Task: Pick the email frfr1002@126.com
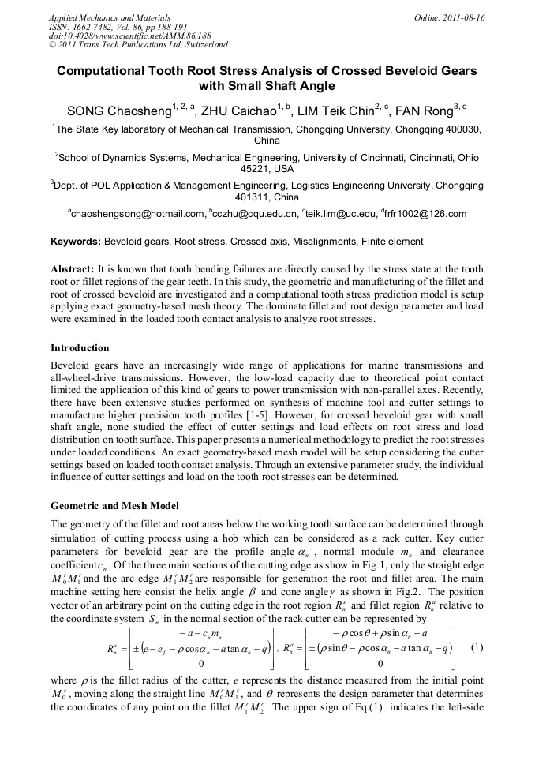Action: click(x=426, y=214)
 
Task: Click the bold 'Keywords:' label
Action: click(x=76, y=242)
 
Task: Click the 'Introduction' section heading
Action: click(x=80, y=348)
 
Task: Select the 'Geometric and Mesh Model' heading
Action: click(x=114, y=505)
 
